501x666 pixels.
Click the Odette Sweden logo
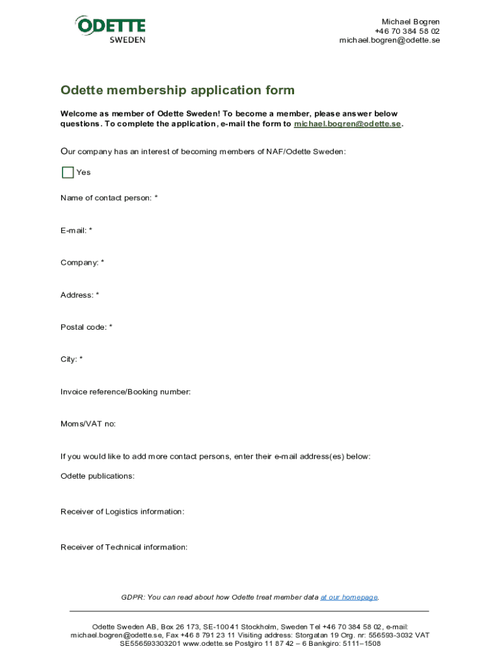point(111,29)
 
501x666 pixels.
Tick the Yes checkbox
point(68,172)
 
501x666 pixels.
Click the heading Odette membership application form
point(177,90)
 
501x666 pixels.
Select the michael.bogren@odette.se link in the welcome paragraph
point(347,124)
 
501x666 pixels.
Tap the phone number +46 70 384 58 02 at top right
point(407,31)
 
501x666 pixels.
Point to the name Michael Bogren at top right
point(410,22)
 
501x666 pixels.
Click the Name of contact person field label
point(109,198)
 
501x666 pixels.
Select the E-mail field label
point(76,230)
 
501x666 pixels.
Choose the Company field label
point(82,263)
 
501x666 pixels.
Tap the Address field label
point(79,295)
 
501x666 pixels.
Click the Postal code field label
point(86,327)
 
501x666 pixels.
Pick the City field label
point(72,359)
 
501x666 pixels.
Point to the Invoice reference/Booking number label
point(126,392)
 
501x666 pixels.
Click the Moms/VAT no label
point(88,424)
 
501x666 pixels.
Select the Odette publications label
point(97,476)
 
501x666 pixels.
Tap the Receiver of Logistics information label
point(122,512)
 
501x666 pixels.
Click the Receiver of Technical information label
point(124,547)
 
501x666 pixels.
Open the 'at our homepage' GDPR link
point(349,597)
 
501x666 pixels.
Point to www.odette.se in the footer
point(208,644)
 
